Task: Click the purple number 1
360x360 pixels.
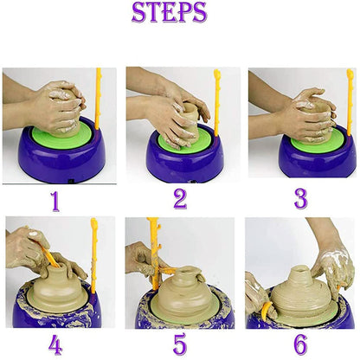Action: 55,201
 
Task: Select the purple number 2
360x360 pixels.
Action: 179,199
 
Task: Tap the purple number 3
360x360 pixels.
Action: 300,198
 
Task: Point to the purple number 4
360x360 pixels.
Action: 55,344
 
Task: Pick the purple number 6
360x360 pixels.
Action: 301,344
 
